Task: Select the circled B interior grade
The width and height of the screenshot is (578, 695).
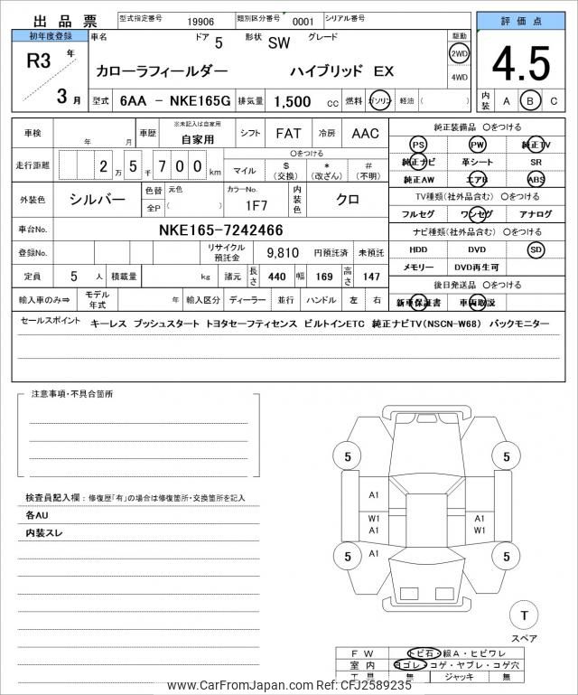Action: click(531, 100)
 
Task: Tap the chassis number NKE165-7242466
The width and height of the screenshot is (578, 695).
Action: click(220, 230)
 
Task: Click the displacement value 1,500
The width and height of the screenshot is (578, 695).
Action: click(294, 101)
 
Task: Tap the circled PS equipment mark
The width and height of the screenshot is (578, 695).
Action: click(418, 145)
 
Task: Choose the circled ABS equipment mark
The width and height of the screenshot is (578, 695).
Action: click(536, 179)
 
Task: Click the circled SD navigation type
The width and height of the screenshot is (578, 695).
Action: click(536, 249)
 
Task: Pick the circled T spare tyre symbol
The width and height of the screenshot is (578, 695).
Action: click(523, 615)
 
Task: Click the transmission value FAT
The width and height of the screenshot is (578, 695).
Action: click(288, 134)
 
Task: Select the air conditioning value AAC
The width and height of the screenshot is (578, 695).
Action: click(365, 134)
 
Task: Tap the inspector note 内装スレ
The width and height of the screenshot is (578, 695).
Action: click(44, 533)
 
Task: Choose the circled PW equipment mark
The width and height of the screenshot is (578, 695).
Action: click(477, 145)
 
